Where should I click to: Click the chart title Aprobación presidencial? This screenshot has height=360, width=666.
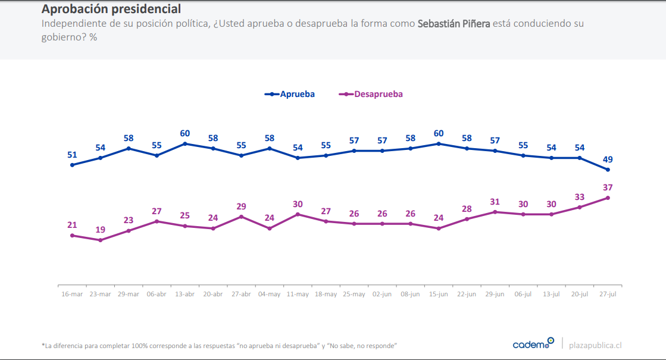click(111, 10)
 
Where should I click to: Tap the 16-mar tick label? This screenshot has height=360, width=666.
click(72, 294)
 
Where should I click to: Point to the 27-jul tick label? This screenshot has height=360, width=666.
click(608, 294)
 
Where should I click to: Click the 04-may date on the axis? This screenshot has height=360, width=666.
click(270, 294)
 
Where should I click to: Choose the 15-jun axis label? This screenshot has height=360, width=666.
click(439, 294)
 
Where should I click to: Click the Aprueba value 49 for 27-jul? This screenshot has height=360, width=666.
click(608, 159)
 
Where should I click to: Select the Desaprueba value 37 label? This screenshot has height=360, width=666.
click(608, 187)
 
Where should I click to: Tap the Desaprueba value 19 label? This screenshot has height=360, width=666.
click(100, 230)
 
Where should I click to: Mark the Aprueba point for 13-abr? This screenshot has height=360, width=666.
click(185, 143)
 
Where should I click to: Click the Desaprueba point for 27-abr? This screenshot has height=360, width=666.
click(241, 217)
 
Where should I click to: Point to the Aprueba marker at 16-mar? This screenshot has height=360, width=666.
click(72, 165)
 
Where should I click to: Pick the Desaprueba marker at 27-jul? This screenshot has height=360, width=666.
click(608, 198)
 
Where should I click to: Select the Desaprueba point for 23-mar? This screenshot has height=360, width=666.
click(100, 240)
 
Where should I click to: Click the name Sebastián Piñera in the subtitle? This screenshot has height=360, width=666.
click(454, 24)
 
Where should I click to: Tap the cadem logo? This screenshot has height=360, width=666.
click(533, 344)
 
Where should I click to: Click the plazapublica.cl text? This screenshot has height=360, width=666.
click(595, 345)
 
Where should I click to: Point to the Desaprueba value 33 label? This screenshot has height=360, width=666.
click(580, 197)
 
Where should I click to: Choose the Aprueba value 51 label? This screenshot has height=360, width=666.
click(72, 155)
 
